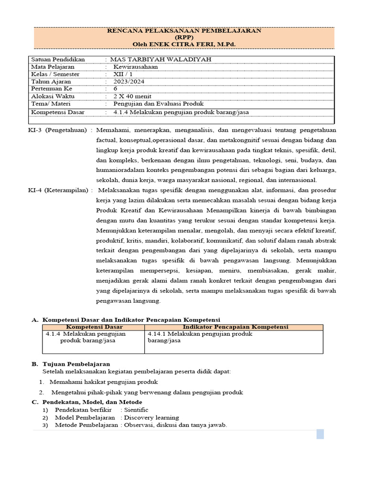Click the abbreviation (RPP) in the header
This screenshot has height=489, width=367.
click(x=183, y=37)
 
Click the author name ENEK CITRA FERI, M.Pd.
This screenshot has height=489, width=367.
click(x=194, y=44)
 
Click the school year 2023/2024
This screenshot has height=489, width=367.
click(x=128, y=82)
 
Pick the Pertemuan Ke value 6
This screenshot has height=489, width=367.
click(x=115, y=89)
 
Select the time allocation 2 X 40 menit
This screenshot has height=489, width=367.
click(x=132, y=96)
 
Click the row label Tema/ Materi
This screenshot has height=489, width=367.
click(x=50, y=103)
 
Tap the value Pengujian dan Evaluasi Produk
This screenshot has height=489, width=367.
click(x=158, y=103)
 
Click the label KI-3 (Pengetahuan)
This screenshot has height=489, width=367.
click(x=61, y=130)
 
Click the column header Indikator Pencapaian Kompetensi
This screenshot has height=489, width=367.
click(x=234, y=327)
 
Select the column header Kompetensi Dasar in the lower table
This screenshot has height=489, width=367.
click(x=94, y=327)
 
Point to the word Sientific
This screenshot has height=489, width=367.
click(x=136, y=410)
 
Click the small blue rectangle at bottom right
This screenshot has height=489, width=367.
click(x=320, y=434)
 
